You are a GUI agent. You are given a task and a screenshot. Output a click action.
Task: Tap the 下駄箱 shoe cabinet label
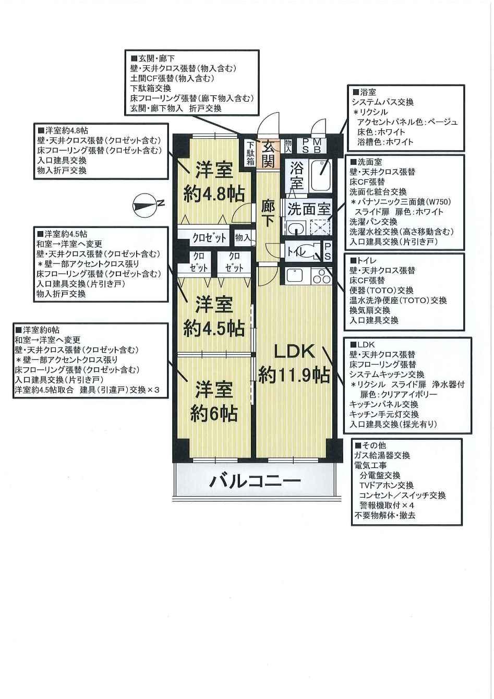pos(250,153)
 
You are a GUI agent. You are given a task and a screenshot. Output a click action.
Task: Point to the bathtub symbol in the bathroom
pos(320,177)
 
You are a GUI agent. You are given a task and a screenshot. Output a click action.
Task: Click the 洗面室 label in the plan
pos(308,209)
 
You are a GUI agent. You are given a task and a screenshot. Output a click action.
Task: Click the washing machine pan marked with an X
pos(320,227)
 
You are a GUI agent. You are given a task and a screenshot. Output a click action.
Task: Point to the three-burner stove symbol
pos(321,275)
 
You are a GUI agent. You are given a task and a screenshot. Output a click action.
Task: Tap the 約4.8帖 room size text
pos(214,194)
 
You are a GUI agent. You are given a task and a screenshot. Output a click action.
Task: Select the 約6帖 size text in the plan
pos(214,414)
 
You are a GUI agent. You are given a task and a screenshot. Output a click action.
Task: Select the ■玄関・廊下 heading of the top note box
pos(153,58)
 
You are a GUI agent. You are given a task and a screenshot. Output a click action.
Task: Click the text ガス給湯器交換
pos(382,455)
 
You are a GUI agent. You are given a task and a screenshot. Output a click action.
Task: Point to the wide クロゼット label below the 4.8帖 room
pos(209,238)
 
